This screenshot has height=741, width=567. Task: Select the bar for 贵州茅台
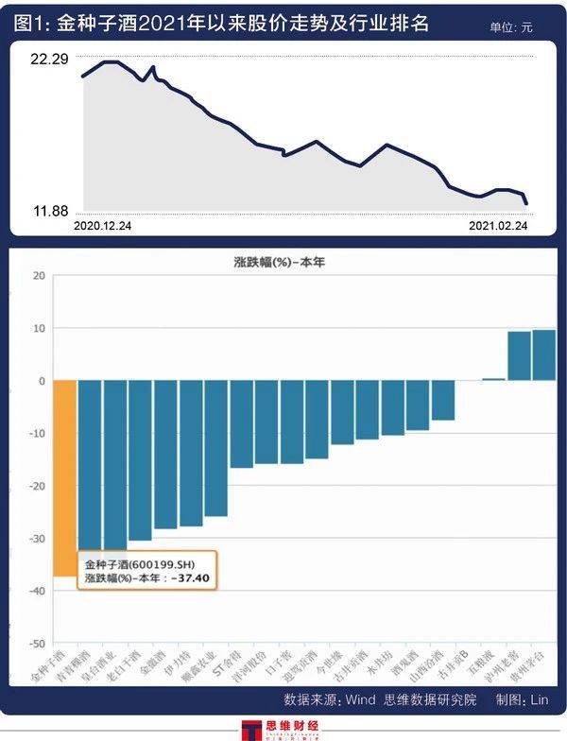click(543, 355)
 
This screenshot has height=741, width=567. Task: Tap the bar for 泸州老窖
click(519, 356)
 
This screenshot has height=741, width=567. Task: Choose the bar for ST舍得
click(241, 424)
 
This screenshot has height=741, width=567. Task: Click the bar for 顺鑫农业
click(215, 448)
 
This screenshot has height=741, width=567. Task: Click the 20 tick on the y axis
click(39, 276)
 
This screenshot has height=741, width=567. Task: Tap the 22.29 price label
click(49, 60)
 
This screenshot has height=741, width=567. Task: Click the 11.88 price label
click(51, 210)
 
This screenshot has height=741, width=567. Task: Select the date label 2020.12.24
click(102, 226)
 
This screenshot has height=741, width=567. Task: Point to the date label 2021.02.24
click(498, 226)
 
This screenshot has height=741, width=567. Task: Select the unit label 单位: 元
click(510, 27)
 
